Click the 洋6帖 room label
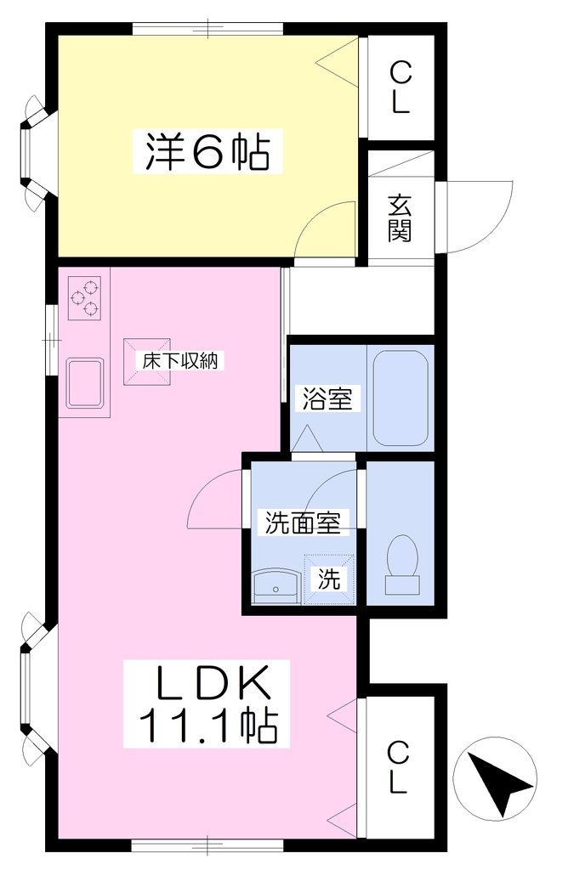pyautogui.click(x=207, y=151)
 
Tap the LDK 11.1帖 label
pyautogui.click(x=207, y=703)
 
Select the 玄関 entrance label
pyautogui.click(x=400, y=218)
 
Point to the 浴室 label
pyautogui.click(x=327, y=398)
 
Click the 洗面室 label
pyautogui.click(x=303, y=523)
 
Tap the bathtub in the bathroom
pyautogui.click(x=400, y=398)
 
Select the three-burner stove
pyautogui.click(x=85, y=298)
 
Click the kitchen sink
pyautogui.click(x=85, y=383)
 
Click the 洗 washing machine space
pyautogui.click(x=329, y=579)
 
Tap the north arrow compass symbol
pyautogui.click(x=495, y=778)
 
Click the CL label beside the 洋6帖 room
pyautogui.click(x=400, y=88)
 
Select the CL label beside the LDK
pyautogui.click(x=399, y=767)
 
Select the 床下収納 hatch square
pyautogui.click(x=146, y=362)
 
